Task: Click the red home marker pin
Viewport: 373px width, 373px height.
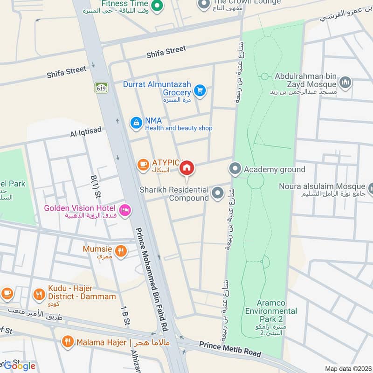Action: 187,168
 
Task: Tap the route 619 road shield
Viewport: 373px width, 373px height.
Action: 101,87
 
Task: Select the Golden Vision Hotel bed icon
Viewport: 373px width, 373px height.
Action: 125,211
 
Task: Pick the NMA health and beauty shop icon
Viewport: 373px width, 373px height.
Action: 136,123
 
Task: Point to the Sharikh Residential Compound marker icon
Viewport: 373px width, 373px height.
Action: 217,192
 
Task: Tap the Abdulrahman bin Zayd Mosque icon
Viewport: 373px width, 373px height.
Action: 345,83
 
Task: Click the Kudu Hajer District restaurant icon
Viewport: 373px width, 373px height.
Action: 39,294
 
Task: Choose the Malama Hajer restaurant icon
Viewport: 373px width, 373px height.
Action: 68,343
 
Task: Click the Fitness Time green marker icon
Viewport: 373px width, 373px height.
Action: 158,6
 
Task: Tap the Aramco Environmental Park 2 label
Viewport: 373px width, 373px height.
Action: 271,311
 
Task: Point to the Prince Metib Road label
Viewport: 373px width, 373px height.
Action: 230,349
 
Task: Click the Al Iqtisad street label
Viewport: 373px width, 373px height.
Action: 86,132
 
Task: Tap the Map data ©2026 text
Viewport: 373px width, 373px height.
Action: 347,368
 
